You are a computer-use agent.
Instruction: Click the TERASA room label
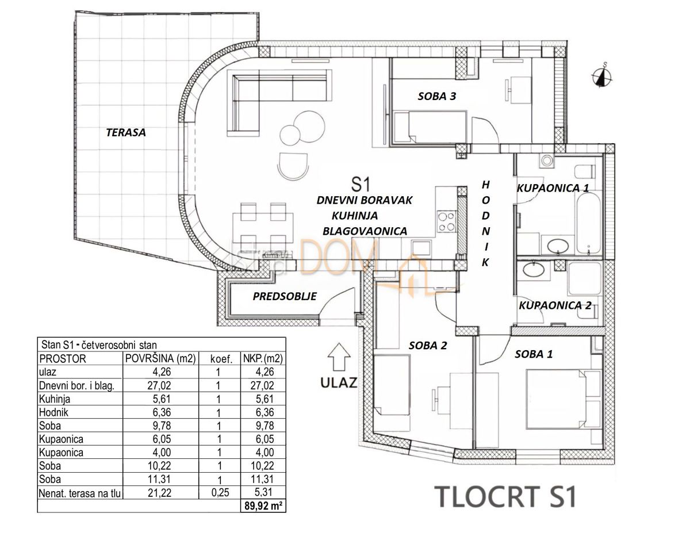point(125,132)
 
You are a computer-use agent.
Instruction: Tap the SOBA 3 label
point(436,97)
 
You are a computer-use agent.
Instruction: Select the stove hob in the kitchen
point(446,221)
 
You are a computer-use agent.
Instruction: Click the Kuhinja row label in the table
point(54,399)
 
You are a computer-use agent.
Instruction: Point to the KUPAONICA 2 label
point(554,305)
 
